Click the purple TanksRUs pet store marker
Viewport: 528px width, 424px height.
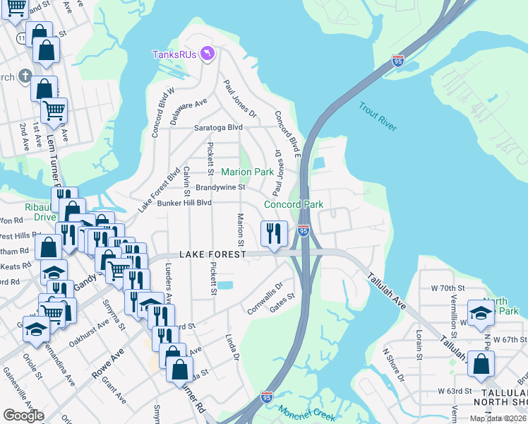pos(207,54)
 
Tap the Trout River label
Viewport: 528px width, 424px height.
pos(377,117)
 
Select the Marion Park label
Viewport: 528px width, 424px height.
pos(247,172)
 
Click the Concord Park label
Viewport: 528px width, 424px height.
pos(293,204)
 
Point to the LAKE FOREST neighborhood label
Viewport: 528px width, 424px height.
pos(212,254)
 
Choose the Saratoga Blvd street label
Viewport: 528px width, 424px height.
pos(218,128)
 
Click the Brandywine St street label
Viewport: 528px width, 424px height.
pos(220,187)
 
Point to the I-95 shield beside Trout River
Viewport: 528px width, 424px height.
pos(398,61)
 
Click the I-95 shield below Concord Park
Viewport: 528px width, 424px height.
pos(303,230)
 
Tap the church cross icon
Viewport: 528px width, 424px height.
pos(25,76)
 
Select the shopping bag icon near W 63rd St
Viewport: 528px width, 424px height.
pos(481,364)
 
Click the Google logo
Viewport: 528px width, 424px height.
pos(23,416)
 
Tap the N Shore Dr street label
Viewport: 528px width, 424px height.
pos(392,364)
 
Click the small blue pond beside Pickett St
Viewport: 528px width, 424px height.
pos(225,285)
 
